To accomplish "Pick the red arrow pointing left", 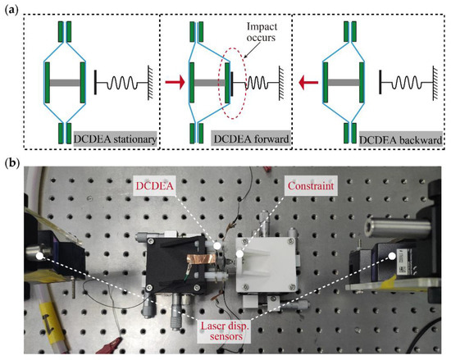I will click(x=308, y=82).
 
